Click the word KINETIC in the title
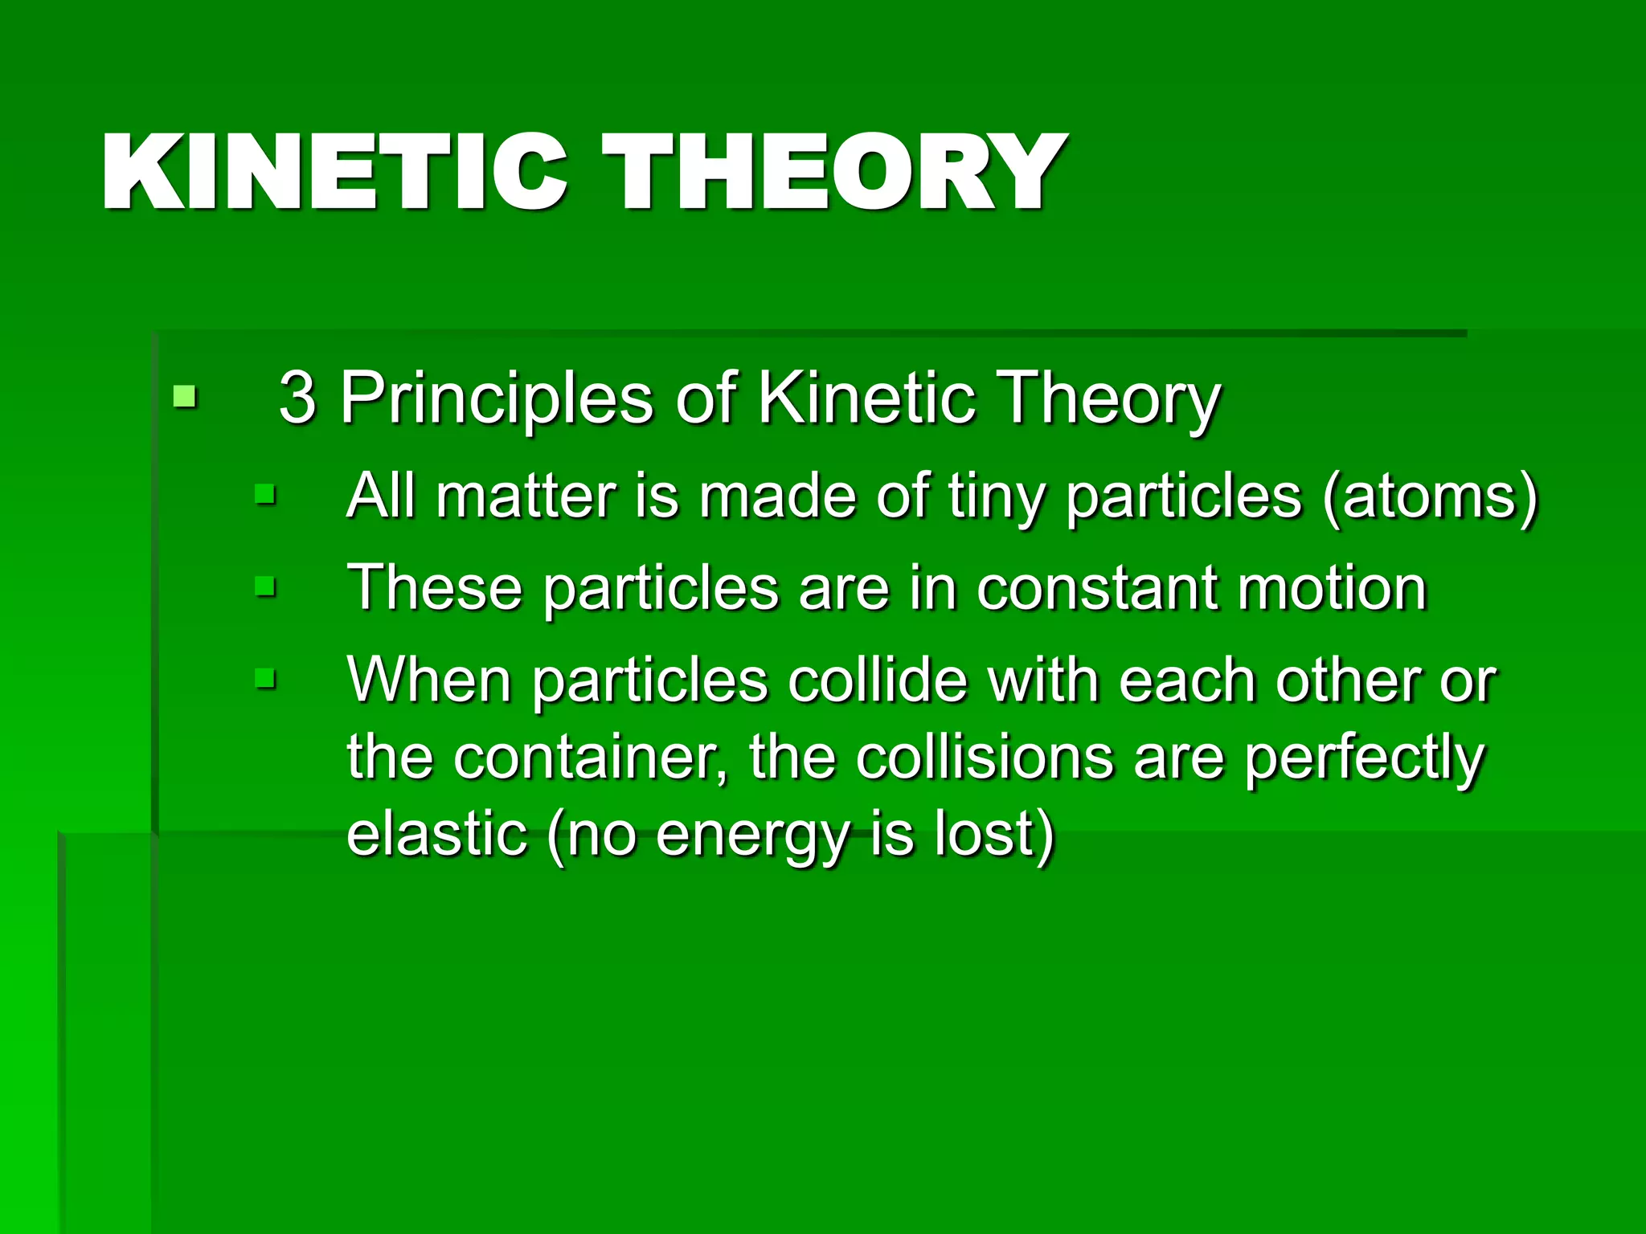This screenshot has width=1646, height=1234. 334,172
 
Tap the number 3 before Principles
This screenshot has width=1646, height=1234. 297,397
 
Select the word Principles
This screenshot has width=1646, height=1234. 497,398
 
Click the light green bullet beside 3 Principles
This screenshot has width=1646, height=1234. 185,396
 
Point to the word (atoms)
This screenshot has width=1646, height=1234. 1430,497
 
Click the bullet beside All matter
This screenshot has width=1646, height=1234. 264,494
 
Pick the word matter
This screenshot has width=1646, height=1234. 526,496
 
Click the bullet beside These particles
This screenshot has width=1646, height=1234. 264,586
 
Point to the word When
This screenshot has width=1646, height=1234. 428,680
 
